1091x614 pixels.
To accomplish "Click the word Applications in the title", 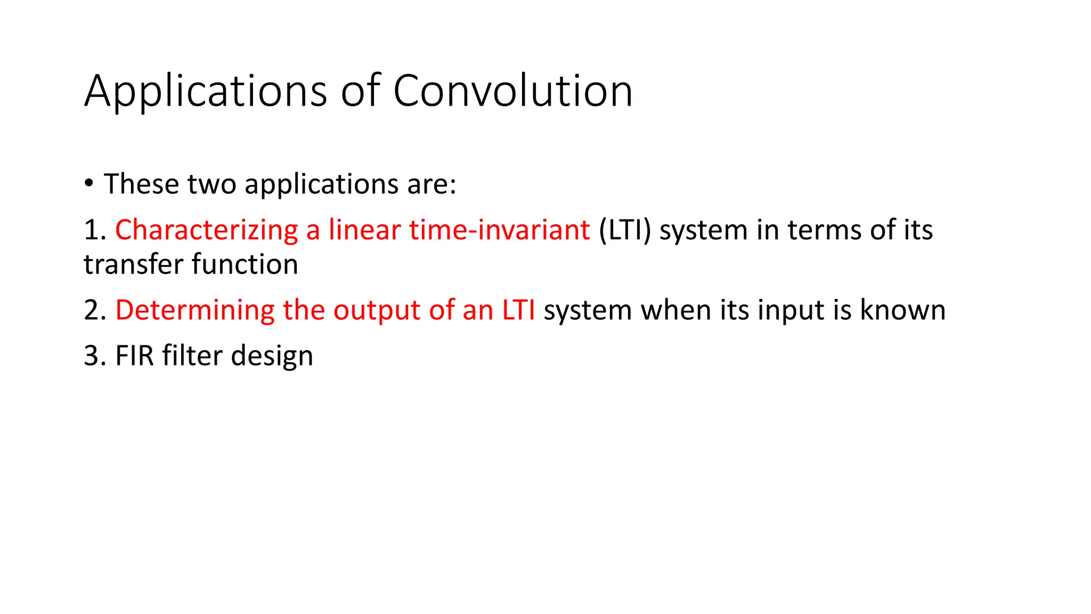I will click(205, 92).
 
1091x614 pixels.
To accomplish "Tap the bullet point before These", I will click(89, 184).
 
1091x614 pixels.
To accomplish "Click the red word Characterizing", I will click(206, 231).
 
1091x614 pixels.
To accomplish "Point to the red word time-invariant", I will click(499, 230).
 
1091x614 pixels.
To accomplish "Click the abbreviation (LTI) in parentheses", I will click(624, 231).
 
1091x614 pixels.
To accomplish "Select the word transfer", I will click(133, 264).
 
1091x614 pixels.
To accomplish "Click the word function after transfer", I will click(245, 264).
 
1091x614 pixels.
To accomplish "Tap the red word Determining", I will click(194, 311).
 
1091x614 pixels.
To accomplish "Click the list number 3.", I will click(92, 356).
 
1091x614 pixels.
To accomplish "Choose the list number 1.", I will click(92, 231).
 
